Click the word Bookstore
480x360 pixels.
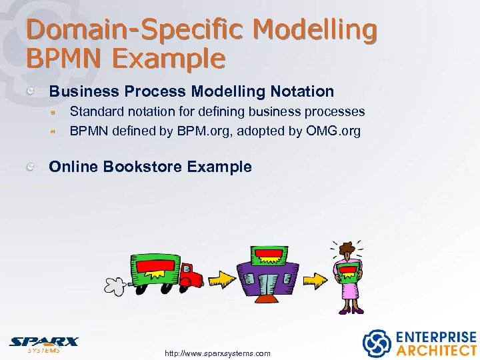pyautogui.click(x=143, y=167)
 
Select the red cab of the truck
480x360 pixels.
pyautogui.click(x=191, y=275)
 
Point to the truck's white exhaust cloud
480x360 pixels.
pyautogui.click(x=115, y=285)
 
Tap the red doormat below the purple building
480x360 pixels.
pyautogui.click(x=267, y=298)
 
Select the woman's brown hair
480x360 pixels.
pyautogui.click(x=347, y=249)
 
